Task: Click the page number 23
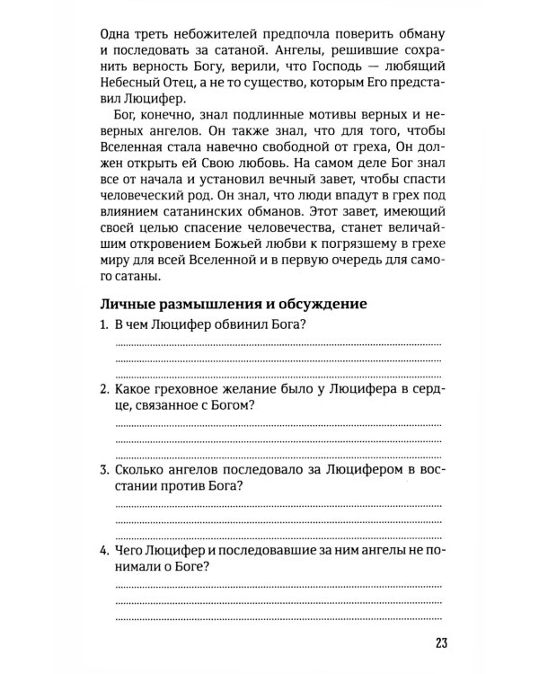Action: pyautogui.click(x=437, y=641)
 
